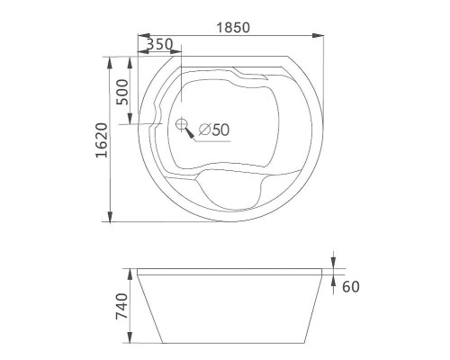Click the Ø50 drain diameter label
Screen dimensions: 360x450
click(x=213, y=130)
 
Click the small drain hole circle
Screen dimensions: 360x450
click(x=181, y=125)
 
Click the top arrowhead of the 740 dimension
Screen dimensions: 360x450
click(x=134, y=270)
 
